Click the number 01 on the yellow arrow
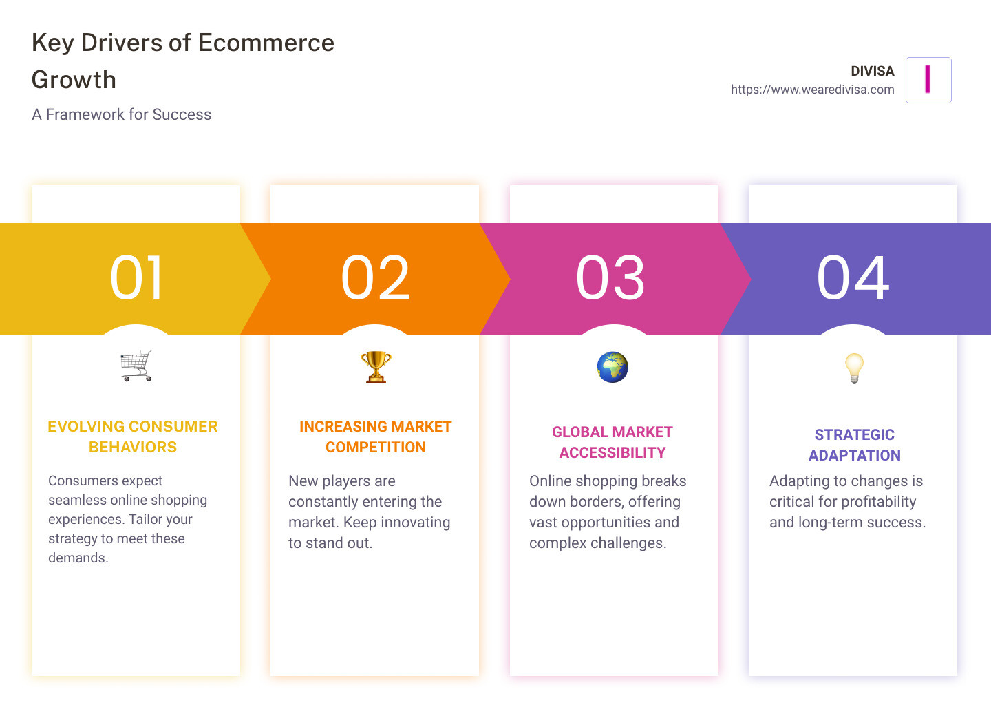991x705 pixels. click(136, 278)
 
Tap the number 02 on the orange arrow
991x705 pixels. click(375, 278)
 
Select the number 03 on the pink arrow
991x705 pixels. click(610, 278)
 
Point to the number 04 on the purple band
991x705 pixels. click(853, 278)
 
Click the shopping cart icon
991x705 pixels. click(136, 366)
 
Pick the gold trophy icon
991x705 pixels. click(376, 366)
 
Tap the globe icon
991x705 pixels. click(612, 367)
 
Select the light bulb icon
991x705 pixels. click(854, 368)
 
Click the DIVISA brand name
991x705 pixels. click(872, 71)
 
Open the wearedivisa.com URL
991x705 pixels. click(812, 90)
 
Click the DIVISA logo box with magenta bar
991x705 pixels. click(928, 80)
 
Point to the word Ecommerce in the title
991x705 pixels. click(266, 43)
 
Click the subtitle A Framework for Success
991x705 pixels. click(121, 114)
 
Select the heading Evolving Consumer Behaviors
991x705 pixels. click(133, 436)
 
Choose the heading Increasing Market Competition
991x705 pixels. click(375, 436)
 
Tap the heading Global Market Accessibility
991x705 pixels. click(612, 442)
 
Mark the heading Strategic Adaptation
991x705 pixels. click(854, 445)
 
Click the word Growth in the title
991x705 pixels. click(74, 80)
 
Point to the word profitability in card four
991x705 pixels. click(874, 502)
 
